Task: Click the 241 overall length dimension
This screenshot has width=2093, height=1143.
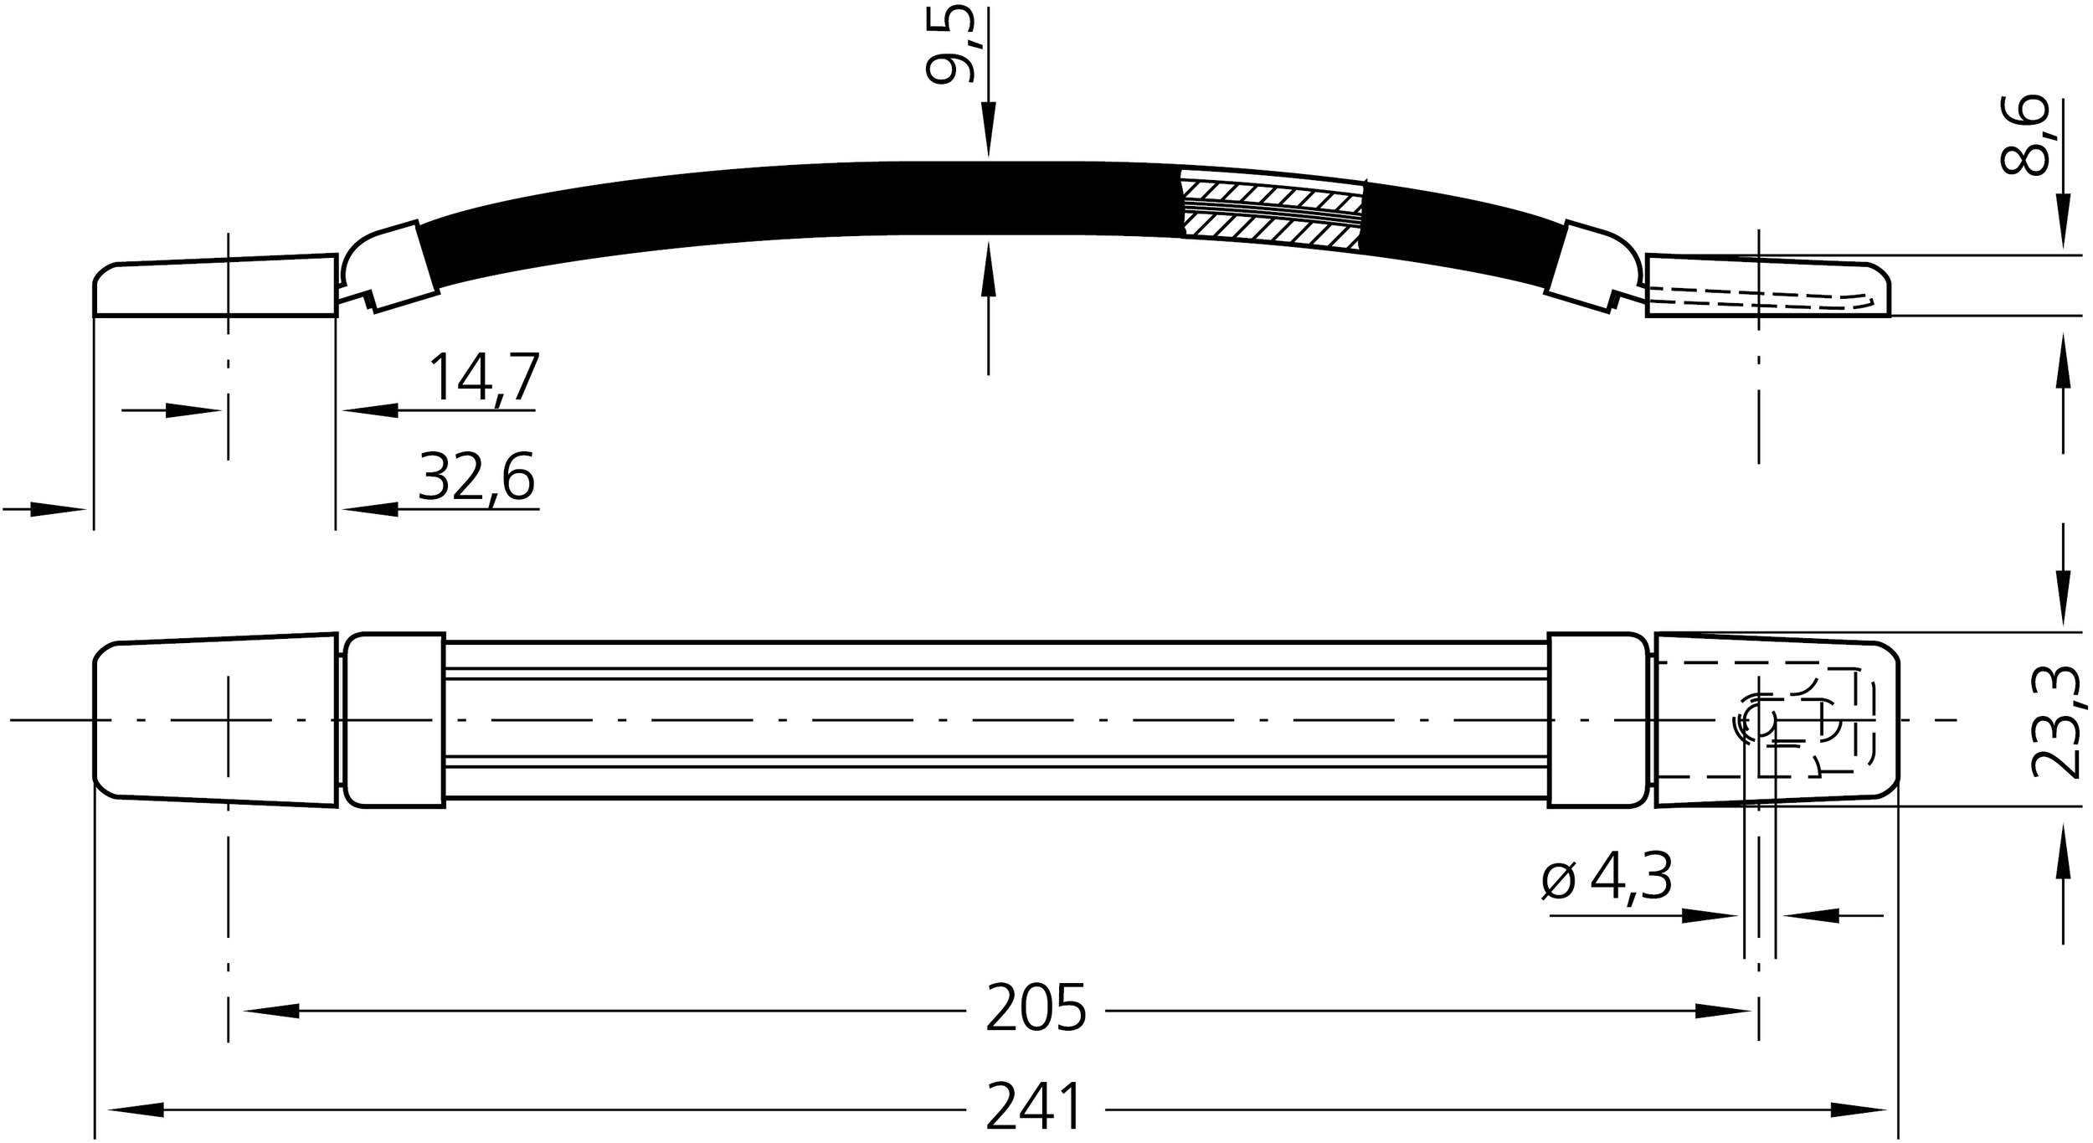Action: tap(1035, 1110)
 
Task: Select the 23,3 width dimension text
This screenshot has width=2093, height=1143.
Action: tap(2058, 722)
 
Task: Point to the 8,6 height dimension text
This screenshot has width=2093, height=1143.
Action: tap(2024, 136)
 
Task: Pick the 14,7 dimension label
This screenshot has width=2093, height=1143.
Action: tap(484, 378)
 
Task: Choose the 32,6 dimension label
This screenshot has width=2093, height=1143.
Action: tap(476, 476)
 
